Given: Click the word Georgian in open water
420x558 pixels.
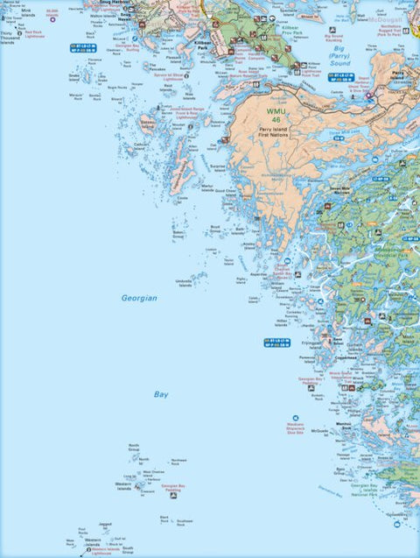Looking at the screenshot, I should (x=139, y=299).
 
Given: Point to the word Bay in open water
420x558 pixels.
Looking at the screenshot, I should (x=161, y=395).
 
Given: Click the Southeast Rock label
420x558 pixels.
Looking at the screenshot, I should (x=185, y=522).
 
